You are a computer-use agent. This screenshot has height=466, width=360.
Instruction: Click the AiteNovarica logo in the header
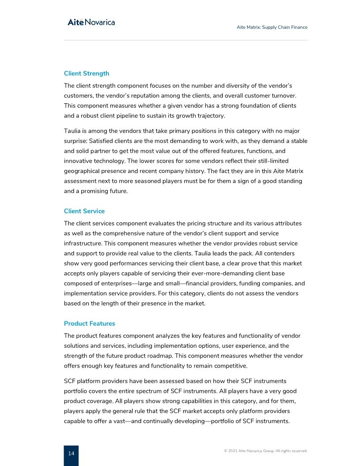91,22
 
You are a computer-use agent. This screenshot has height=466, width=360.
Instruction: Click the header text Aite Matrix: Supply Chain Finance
272,27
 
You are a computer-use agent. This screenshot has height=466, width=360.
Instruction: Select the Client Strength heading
86,73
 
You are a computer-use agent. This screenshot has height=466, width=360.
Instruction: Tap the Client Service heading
84,211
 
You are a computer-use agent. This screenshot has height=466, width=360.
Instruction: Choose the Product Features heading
90,323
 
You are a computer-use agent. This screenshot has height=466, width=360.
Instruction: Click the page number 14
71,453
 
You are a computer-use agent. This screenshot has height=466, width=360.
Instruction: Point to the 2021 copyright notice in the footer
266,451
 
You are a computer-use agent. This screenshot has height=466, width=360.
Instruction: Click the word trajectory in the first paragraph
209,116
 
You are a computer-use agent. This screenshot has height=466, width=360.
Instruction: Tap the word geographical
82,171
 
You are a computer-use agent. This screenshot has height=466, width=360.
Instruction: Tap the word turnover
281,95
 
